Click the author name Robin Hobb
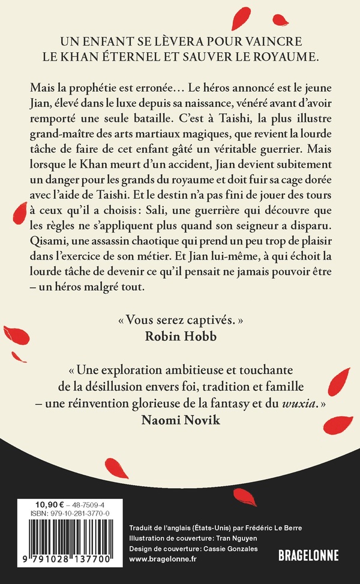(179, 335)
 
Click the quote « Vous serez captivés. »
(179, 319)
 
